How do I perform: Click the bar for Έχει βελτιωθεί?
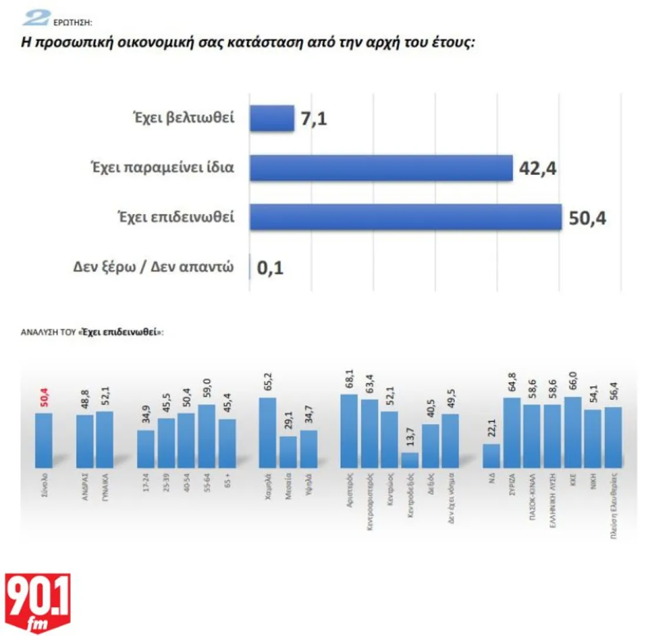coord(272,118)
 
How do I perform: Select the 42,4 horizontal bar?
coord(381,168)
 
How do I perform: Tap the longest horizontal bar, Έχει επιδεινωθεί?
coord(405,217)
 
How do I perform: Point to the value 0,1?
coord(270,268)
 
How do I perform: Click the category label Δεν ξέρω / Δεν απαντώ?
coord(154,267)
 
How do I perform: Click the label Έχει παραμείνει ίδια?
coord(162,167)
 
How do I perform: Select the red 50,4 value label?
coord(44,398)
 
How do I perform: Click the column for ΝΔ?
coord(491,456)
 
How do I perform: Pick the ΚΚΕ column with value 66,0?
coord(573,433)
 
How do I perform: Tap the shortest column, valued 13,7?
coord(410,460)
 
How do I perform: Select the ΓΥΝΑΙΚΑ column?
coord(105,440)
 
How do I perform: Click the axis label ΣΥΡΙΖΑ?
coord(512,485)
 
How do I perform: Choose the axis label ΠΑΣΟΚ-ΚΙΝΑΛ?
coord(532,496)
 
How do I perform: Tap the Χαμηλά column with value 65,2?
coord(267,433)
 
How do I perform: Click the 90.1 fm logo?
coord(38,602)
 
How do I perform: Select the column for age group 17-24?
coord(146,449)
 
